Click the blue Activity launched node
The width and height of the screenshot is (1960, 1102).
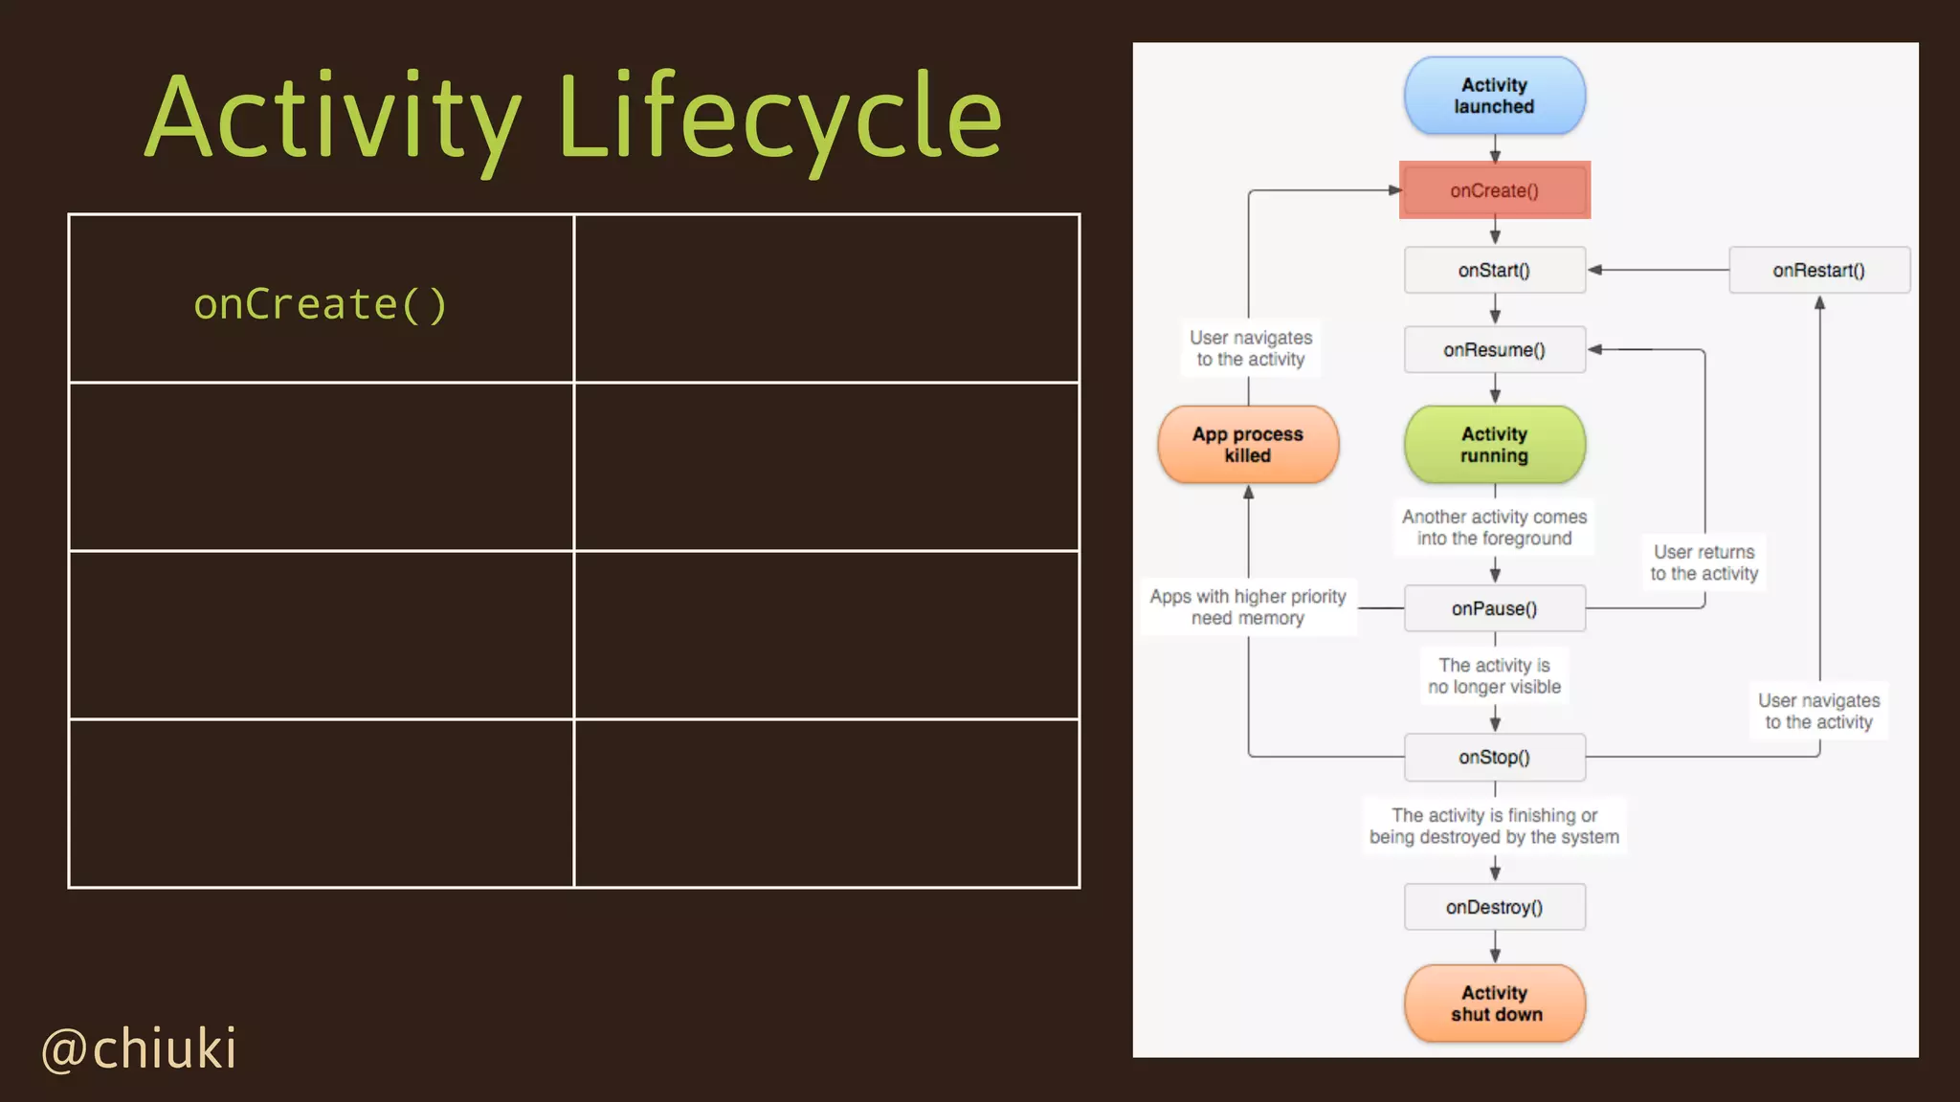click(x=1494, y=96)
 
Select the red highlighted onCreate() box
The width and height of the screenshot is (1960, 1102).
click(x=1494, y=190)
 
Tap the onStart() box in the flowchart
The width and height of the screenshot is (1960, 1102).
click(x=1494, y=271)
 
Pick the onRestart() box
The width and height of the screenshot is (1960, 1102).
click(x=1818, y=271)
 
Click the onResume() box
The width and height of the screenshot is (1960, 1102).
click(x=1494, y=350)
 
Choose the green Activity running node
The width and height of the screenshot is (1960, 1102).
click(x=1494, y=445)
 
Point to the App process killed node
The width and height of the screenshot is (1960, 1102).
click(x=1248, y=445)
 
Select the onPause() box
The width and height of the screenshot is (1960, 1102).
click(x=1494, y=608)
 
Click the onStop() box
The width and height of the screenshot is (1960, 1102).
click(x=1494, y=758)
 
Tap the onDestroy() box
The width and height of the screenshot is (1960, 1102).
click(x=1494, y=907)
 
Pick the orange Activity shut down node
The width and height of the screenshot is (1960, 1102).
click(x=1494, y=1003)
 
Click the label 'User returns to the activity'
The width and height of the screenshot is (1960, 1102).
click(x=1704, y=562)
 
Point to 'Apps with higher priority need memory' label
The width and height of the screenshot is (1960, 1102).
click(x=1248, y=607)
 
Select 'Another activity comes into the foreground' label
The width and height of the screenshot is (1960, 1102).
click(x=1494, y=527)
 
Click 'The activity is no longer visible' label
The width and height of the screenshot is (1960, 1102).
click(x=1494, y=676)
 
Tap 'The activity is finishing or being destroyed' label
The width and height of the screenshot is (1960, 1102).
click(x=1494, y=826)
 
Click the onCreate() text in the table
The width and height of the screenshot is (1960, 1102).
click(x=321, y=305)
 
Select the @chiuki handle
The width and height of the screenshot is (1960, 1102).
click(x=139, y=1049)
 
